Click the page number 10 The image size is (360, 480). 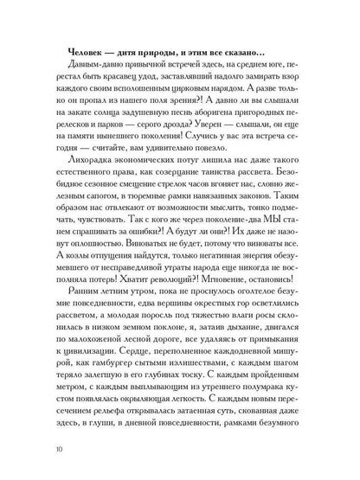tap(56, 447)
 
